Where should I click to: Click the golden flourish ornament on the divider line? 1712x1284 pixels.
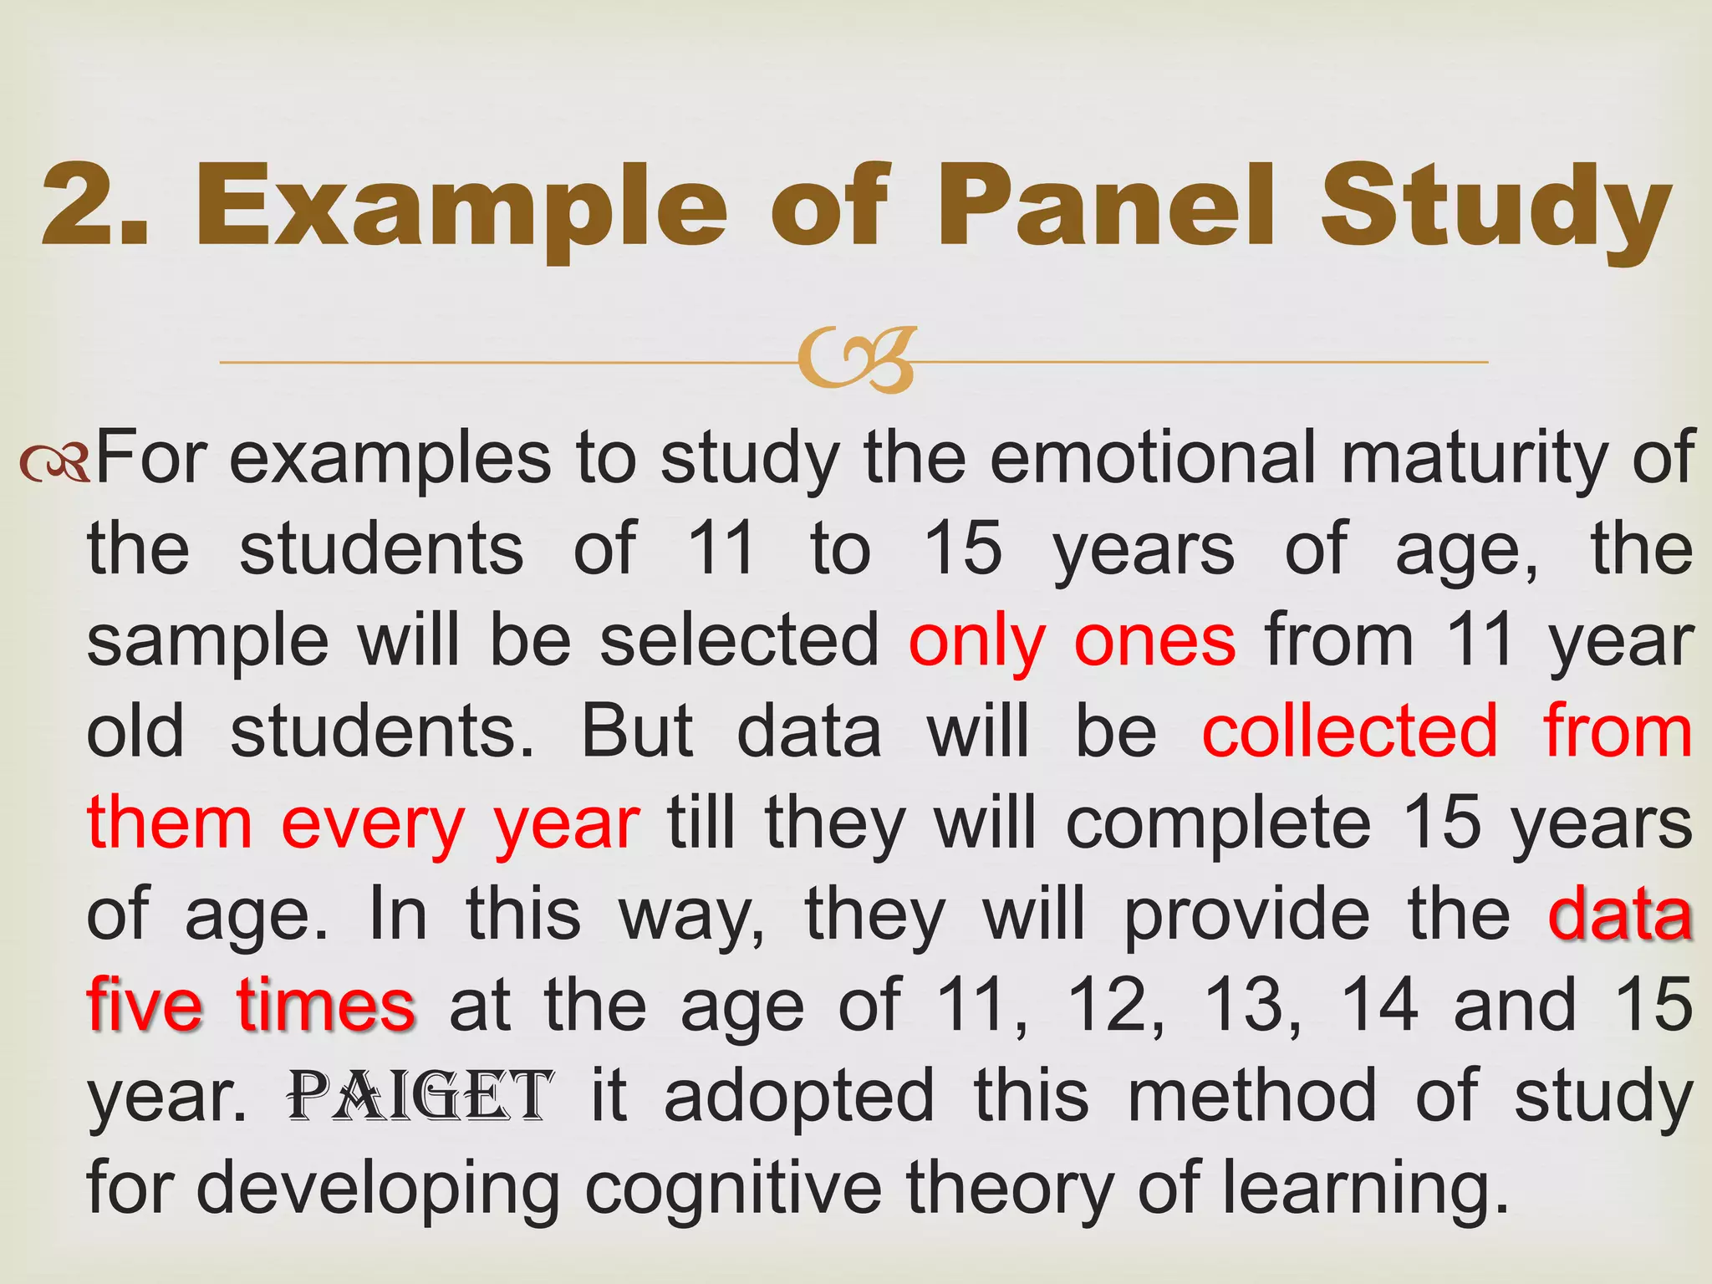tap(856, 361)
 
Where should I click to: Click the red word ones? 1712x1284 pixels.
tap(1154, 642)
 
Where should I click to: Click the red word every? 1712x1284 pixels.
tap(373, 827)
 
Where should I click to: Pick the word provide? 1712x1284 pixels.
tap(1246, 916)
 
